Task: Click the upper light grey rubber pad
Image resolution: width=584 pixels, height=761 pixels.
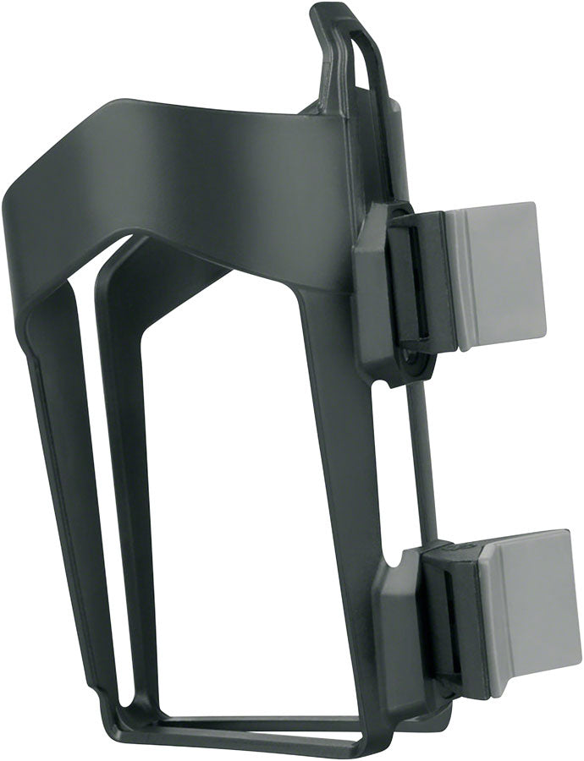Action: click(x=499, y=275)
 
